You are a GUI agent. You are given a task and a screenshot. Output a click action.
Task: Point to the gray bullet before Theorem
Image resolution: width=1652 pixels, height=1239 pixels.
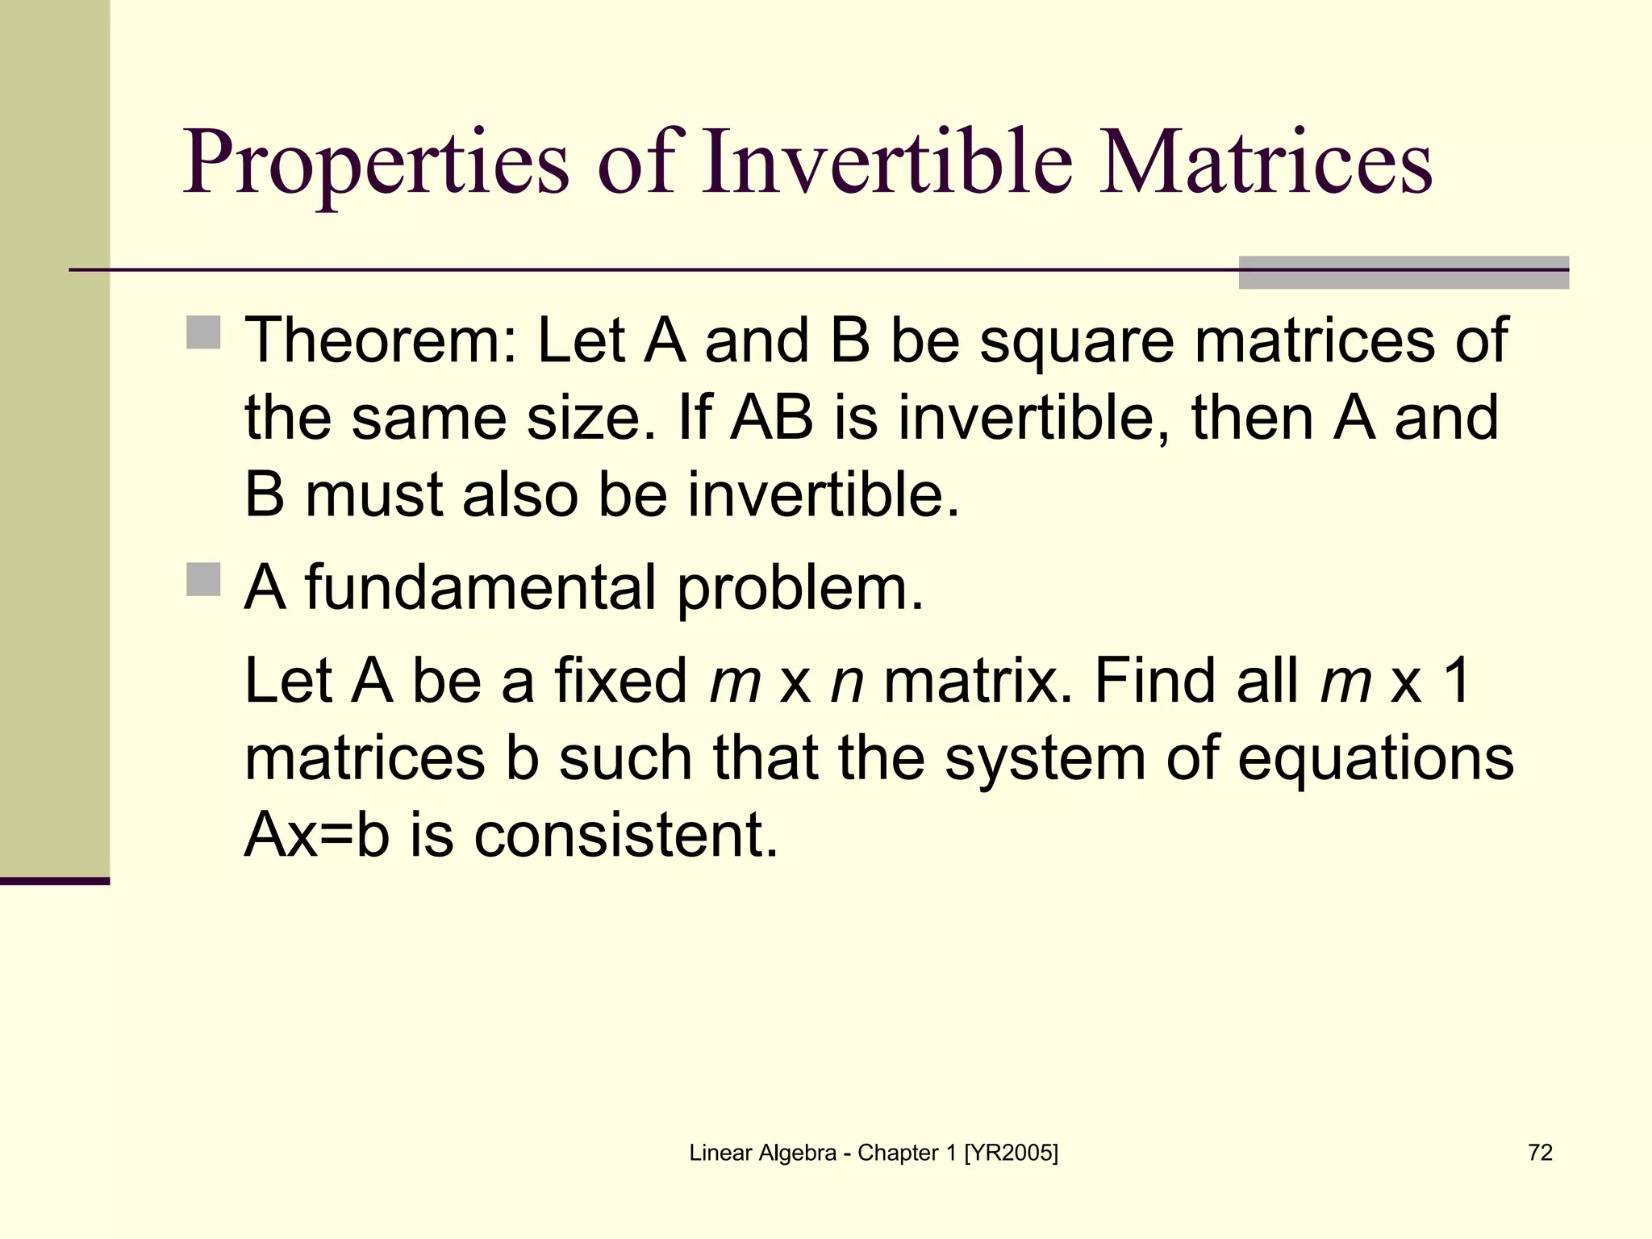click(203, 332)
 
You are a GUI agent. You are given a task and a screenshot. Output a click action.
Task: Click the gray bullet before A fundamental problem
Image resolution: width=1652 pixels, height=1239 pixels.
click(203, 579)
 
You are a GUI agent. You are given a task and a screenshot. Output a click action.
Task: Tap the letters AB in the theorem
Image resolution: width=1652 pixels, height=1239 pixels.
click(771, 418)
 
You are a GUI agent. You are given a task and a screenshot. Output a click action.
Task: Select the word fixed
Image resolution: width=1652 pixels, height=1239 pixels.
click(620, 680)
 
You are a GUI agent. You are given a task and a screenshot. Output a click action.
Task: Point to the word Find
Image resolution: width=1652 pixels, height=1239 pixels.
click(1154, 680)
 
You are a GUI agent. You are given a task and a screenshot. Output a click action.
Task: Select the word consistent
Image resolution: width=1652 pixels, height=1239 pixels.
click(626, 835)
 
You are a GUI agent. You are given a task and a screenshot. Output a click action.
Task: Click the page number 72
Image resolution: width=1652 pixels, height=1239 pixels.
click(1540, 1153)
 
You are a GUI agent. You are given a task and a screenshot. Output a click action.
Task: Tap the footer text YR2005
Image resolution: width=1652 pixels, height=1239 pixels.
click(1011, 1153)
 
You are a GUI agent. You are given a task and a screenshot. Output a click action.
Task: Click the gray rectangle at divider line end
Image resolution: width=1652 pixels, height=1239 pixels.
click(1404, 273)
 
